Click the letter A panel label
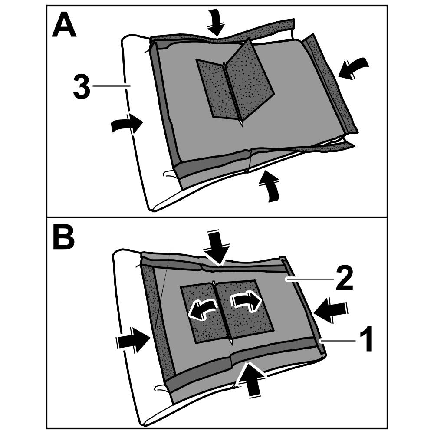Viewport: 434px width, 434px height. tap(64, 26)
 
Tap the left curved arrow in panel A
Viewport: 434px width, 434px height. tap(127, 125)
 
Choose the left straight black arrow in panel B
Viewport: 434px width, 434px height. tap(132, 340)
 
